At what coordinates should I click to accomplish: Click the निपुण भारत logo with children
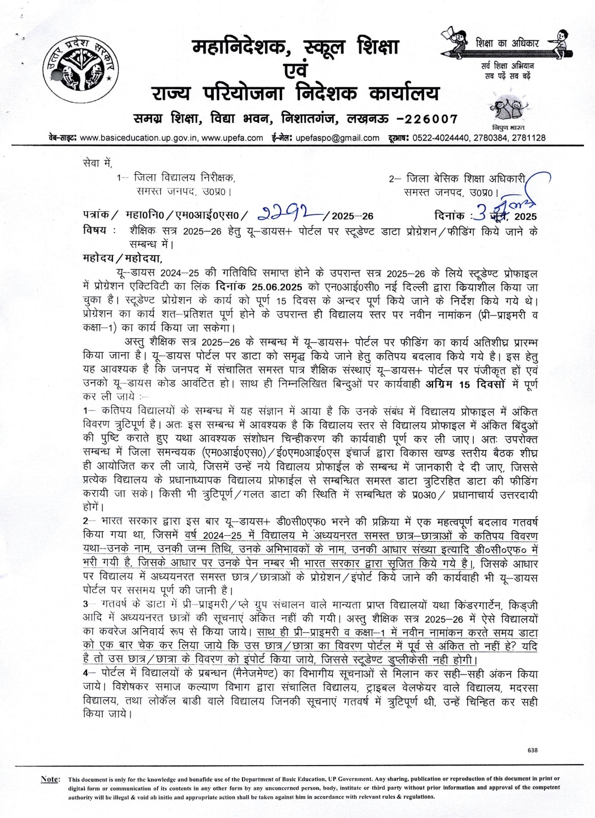(x=509, y=110)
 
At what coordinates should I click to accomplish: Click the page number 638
(x=532, y=750)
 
